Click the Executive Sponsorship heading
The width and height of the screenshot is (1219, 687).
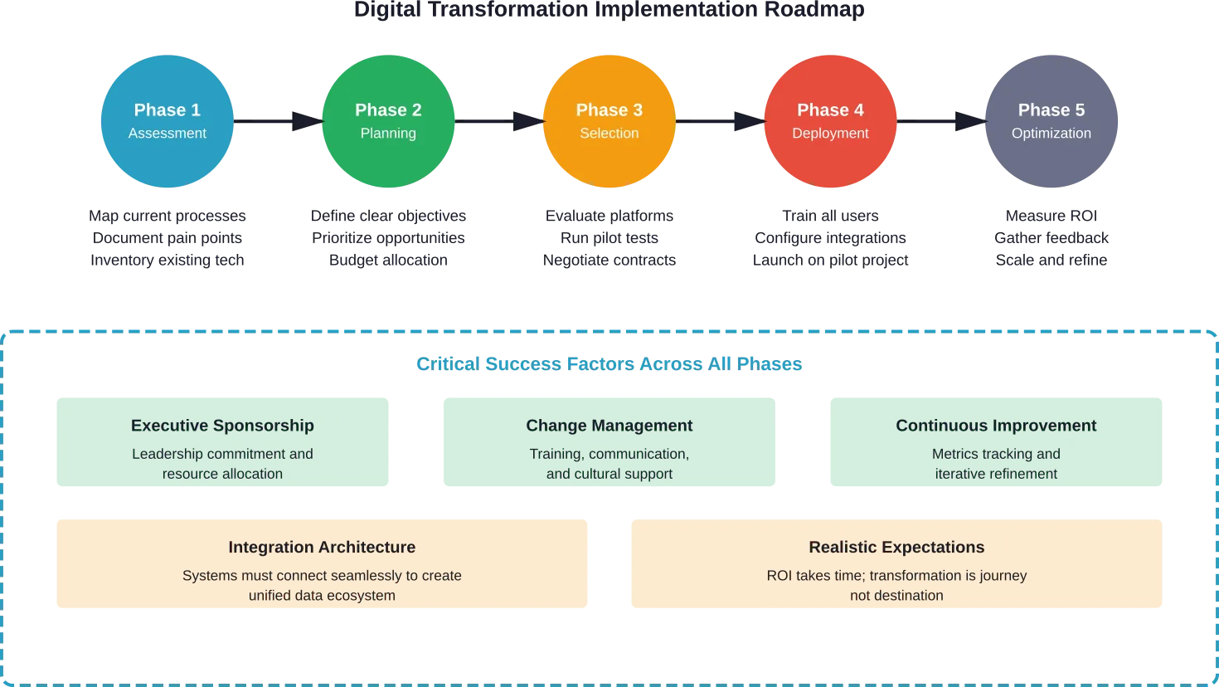coord(222,426)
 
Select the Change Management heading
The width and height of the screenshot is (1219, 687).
coord(609,426)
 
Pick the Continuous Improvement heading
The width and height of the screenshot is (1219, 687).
coord(996,426)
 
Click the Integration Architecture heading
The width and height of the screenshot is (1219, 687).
coord(322,548)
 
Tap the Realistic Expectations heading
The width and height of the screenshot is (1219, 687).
coord(896,548)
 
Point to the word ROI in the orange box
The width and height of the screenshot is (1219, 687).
coord(779,576)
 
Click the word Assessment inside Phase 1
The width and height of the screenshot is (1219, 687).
coord(167,134)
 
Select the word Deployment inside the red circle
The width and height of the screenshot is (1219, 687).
coord(830,134)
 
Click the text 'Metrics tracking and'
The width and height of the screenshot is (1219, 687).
coord(996,454)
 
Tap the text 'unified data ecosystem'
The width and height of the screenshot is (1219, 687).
coord(322,596)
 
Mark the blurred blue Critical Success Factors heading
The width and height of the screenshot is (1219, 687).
coord(608,364)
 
